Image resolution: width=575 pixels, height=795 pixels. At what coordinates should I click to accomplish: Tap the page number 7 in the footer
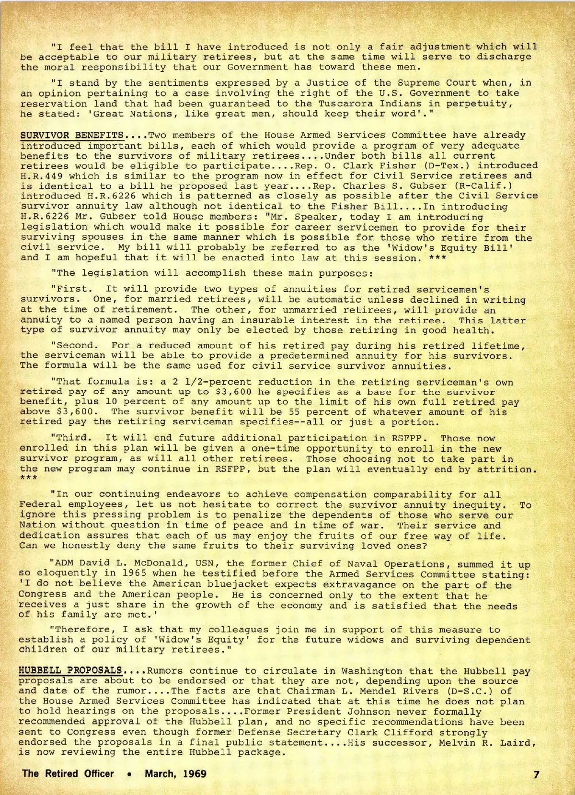pyautogui.click(x=537, y=774)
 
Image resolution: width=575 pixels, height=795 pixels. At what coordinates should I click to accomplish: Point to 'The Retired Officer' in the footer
pyautogui.click(x=68, y=773)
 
